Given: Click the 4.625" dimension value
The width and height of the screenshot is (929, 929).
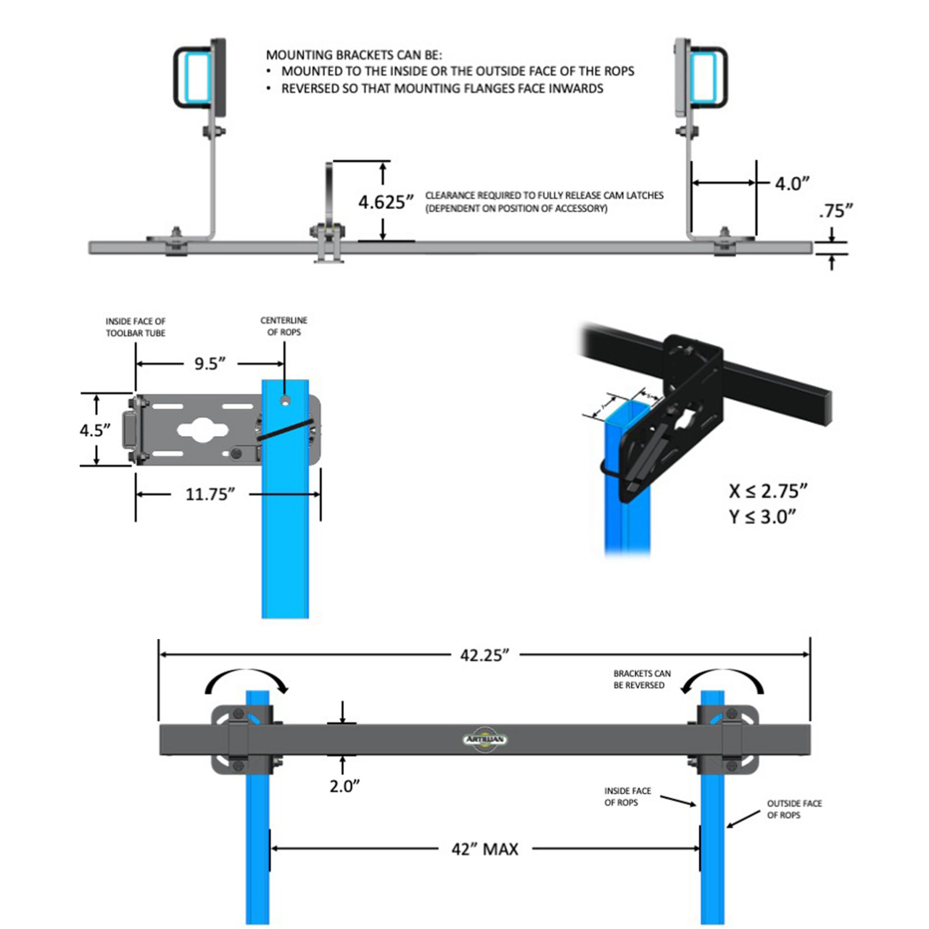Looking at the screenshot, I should [386, 202].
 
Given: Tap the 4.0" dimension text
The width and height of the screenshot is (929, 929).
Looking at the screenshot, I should [792, 184].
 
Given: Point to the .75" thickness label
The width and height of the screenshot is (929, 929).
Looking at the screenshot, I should [836, 211].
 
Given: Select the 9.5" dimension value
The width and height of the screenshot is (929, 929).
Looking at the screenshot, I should [210, 364].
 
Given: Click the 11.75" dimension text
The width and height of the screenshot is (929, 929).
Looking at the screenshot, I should [210, 494].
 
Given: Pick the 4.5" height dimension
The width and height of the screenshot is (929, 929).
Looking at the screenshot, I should [95, 430].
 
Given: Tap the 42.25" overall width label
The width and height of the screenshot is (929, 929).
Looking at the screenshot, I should [484, 655].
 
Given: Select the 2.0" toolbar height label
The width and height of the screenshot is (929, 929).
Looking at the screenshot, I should [344, 787].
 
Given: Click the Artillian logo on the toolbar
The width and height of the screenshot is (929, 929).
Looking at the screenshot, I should [484, 739].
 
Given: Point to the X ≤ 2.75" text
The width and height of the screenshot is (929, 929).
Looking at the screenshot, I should [768, 491].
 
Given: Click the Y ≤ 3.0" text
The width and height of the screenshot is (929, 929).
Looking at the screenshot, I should [762, 517].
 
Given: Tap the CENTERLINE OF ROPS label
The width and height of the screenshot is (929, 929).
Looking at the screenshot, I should [284, 326].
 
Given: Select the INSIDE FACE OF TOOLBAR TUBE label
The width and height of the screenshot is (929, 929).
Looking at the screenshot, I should [136, 327].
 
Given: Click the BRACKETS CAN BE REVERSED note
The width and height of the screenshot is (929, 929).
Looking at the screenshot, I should [641, 679].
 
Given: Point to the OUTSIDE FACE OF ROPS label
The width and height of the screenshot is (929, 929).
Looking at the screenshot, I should [794, 809].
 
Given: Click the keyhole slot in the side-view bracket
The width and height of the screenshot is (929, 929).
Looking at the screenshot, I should [202, 430].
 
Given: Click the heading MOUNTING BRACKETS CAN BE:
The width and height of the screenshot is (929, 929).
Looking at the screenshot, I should [353, 55].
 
